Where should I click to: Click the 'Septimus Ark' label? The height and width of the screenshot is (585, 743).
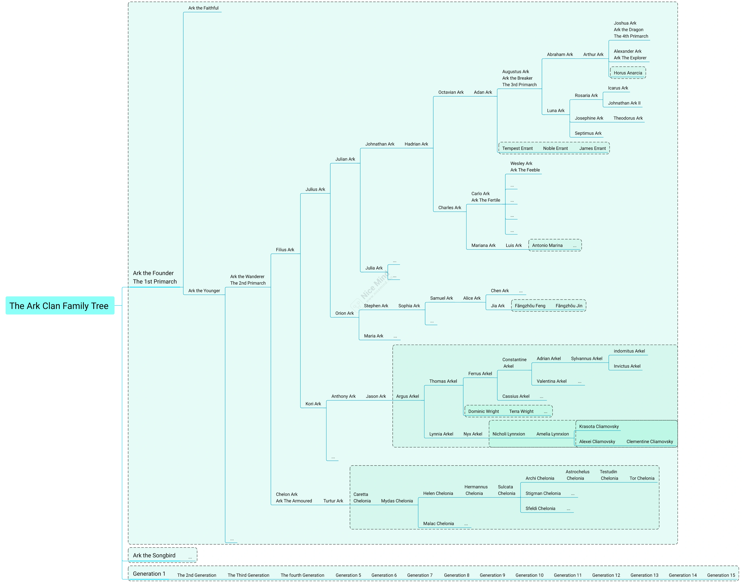(588, 133)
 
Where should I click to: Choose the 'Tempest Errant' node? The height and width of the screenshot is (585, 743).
(517, 148)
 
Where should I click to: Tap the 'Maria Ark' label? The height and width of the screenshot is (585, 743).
(373, 336)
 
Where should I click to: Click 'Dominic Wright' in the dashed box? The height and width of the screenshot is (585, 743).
(483, 411)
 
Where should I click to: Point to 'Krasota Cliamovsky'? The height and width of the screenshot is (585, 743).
(599, 427)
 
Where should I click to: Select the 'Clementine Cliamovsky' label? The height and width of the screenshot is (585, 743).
(649, 442)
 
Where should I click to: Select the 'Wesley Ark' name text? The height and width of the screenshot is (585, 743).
(521, 163)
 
